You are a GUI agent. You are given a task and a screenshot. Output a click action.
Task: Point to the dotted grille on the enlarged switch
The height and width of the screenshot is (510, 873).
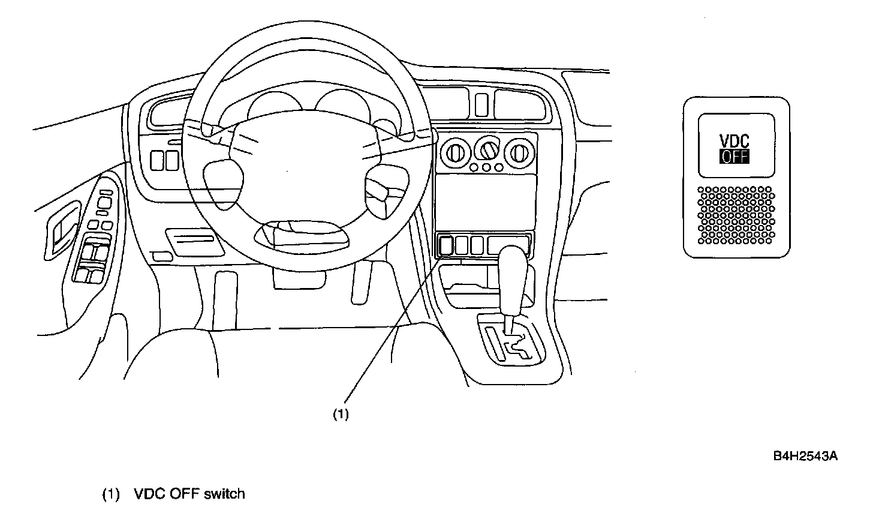(x=736, y=215)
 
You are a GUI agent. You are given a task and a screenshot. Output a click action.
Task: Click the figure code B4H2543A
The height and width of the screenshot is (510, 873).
(x=805, y=457)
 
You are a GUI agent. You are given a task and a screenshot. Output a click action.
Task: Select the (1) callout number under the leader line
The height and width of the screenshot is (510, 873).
(x=341, y=414)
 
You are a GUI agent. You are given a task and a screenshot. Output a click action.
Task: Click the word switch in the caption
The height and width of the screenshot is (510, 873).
(x=224, y=494)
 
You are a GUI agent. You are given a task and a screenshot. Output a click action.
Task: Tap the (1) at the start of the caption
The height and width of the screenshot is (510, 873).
(x=111, y=495)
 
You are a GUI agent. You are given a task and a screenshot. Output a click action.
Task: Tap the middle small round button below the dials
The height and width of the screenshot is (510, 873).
(x=486, y=168)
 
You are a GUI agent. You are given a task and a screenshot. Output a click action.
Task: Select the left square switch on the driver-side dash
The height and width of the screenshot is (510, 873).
(x=157, y=159)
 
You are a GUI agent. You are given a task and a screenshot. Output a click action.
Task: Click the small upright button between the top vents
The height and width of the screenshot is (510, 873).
(x=481, y=105)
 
